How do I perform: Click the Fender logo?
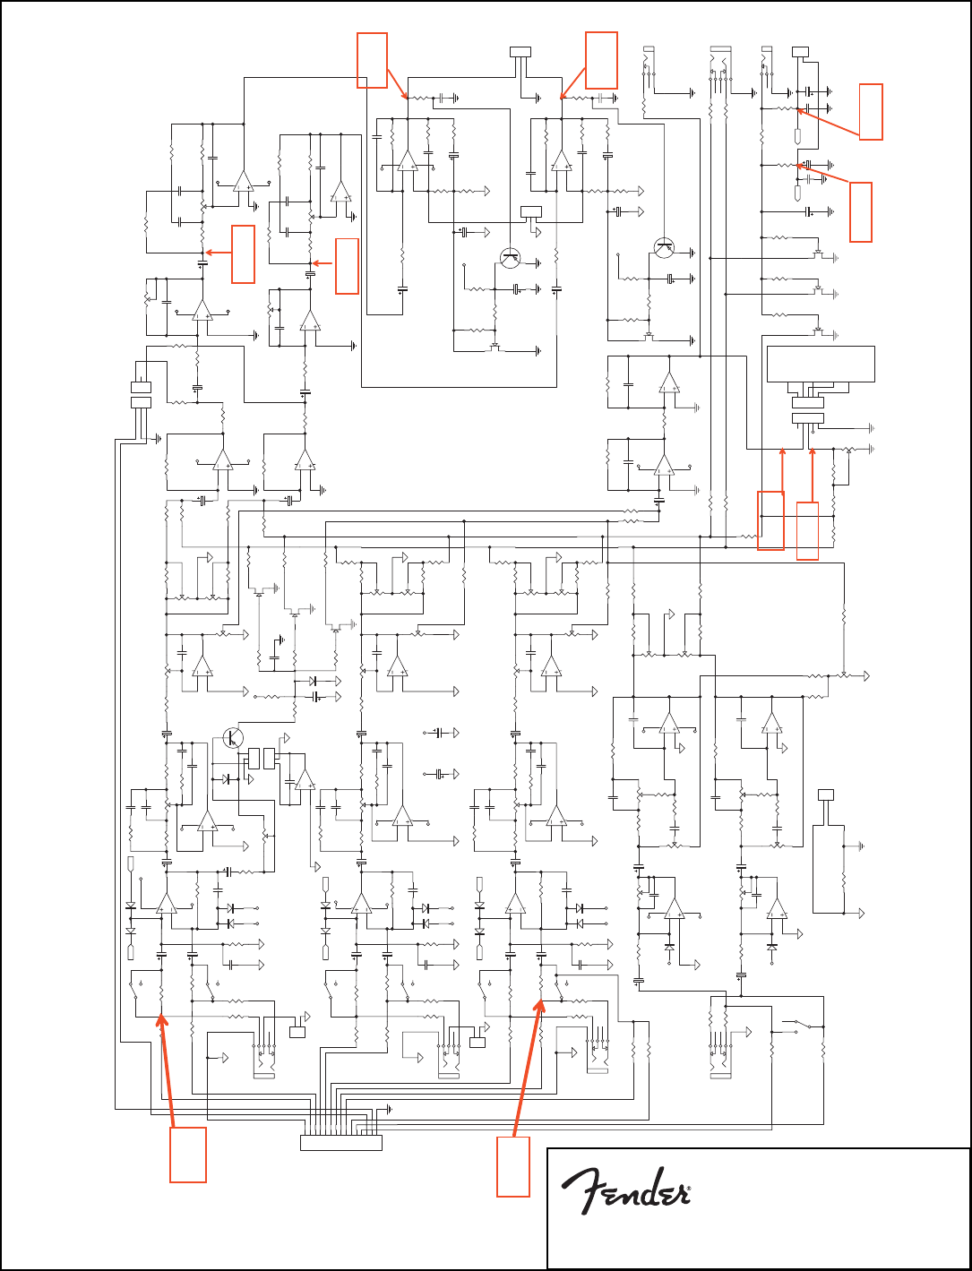[x=625, y=1190]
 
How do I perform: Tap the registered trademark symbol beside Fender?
[x=687, y=1192]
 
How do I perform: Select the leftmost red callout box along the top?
[x=372, y=60]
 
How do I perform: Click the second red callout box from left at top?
[x=601, y=60]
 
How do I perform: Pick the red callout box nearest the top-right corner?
[x=870, y=111]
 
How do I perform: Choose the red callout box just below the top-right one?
[x=861, y=211]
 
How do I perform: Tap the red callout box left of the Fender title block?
[x=514, y=1166]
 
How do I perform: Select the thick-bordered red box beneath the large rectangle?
[x=770, y=520]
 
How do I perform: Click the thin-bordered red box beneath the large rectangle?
[x=807, y=530]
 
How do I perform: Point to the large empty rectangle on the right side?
[x=821, y=364]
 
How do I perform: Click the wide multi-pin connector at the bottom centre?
[x=341, y=1142]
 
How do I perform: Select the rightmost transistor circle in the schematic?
[x=665, y=249]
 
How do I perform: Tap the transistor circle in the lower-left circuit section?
[x=233, y=737]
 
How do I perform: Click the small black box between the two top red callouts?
[x=520, y=51]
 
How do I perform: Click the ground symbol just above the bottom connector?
[x=387, y=1108]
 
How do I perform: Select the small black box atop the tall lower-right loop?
[x=826, y=794]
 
